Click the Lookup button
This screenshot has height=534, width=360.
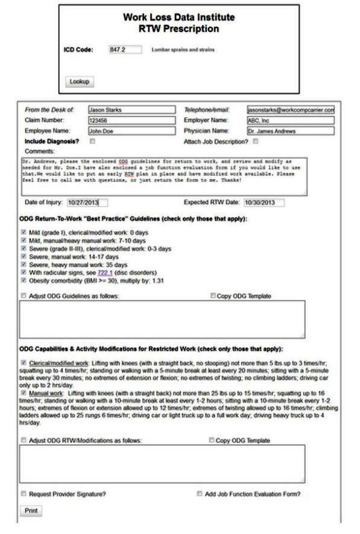79,81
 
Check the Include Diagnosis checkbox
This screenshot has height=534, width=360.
92,141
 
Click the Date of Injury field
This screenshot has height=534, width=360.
87,202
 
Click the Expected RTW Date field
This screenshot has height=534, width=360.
263,202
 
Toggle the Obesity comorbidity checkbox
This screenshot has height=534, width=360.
23,281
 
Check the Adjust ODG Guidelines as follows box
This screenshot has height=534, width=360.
23,296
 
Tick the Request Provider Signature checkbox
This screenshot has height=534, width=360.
23,493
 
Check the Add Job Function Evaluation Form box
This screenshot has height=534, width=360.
200,493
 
